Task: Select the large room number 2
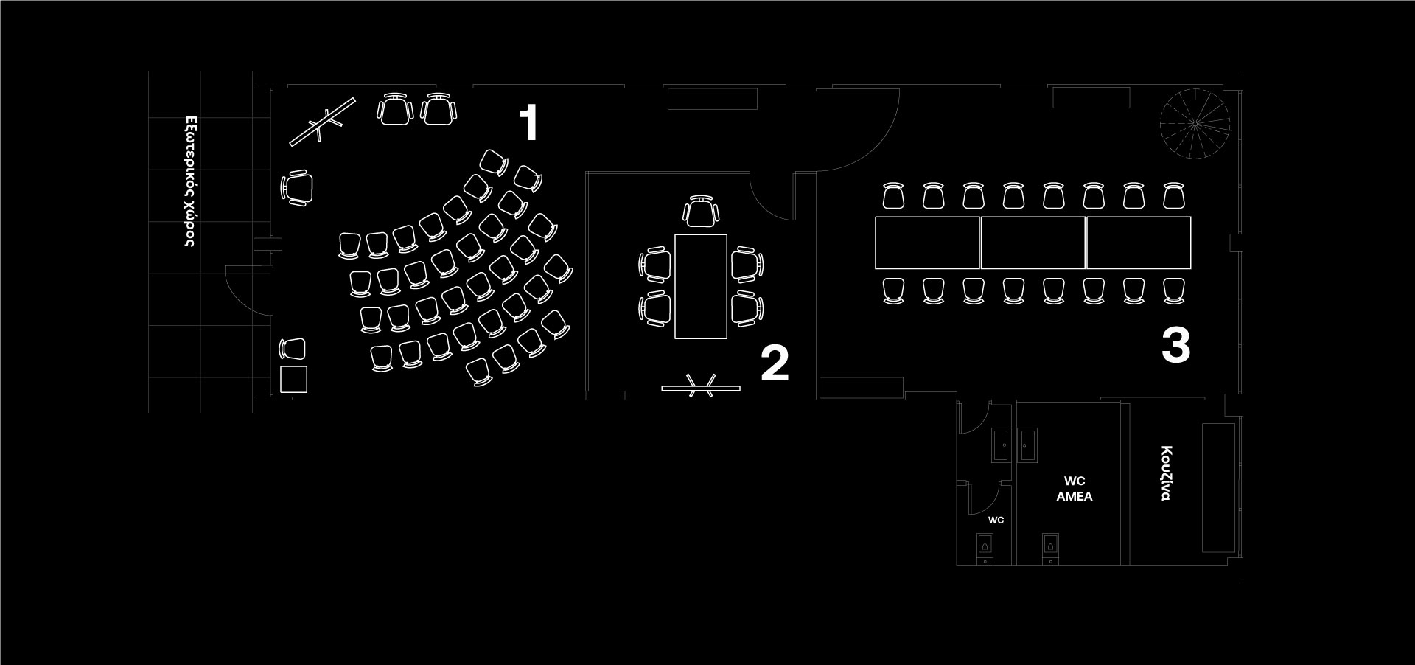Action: [x=775, y=363]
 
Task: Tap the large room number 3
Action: [x=1175, y=346]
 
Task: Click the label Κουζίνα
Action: [x=1166, y=473]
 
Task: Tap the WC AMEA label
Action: [x=1074, y=490]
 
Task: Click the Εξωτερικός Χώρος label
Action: [x=189, y=181]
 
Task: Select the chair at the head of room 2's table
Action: [x=700, y=212]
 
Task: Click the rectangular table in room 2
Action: [x=700, y=286]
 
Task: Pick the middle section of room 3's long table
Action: [x=1033, y=243]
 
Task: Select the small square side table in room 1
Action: [x=293, y=379]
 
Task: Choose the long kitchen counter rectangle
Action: [x=1217, y=487]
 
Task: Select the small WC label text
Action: [x=996, y=520]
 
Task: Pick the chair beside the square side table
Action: [x=293, y=349]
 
